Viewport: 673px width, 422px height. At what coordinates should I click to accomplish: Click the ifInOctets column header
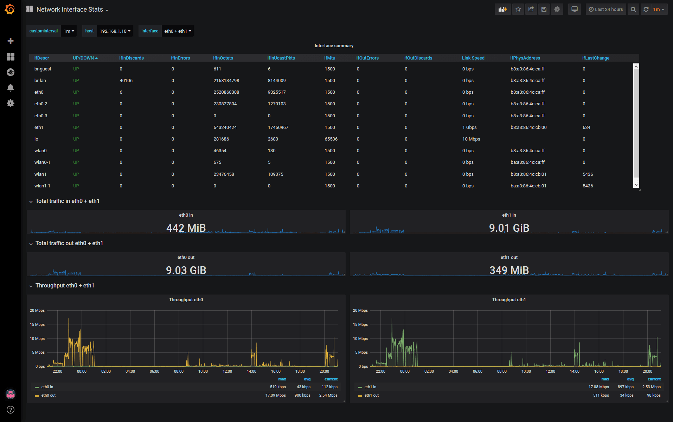(x=223, y=58)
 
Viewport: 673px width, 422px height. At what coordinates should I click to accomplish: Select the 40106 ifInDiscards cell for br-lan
(x=126, y=81)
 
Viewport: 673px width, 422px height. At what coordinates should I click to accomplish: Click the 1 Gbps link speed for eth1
(x=469, y=128)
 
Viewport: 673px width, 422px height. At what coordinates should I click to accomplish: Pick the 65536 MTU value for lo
(x=331, y=139)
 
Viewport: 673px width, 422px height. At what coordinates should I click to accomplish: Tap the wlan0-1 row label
(x=42, y=162)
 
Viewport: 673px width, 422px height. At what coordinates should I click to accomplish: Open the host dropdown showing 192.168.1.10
(x=115, y=31)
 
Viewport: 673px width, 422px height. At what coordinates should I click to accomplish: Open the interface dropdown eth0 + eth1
(x=178, y=31)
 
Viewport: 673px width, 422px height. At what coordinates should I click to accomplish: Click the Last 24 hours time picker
(x=605, y=10)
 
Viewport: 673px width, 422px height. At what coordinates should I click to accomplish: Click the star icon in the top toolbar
(x=518, y=10)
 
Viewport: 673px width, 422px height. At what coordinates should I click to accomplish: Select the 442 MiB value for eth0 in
(x=186, y=228)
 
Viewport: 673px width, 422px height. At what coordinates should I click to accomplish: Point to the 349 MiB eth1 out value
(x=509, y=270)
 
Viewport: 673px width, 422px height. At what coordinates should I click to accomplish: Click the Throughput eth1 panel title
(x=509, y=300)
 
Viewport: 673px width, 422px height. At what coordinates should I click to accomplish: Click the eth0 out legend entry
(x=49, y=396)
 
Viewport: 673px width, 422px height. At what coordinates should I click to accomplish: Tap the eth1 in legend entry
(x=370, y=387)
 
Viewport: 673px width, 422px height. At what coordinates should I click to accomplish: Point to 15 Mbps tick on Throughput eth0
(x=37, y=324)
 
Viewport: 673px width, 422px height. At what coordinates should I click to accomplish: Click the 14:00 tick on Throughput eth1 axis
(x=575, y=372)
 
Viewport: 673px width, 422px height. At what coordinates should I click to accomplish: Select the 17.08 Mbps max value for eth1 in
(x=598, y=387)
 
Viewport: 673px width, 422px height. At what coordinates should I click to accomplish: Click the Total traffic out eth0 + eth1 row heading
(x=69, y=243)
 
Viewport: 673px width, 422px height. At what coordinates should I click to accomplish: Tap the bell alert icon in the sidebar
(x=11, y=88)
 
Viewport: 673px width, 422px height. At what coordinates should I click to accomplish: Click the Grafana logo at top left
(x=10, y=9)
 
